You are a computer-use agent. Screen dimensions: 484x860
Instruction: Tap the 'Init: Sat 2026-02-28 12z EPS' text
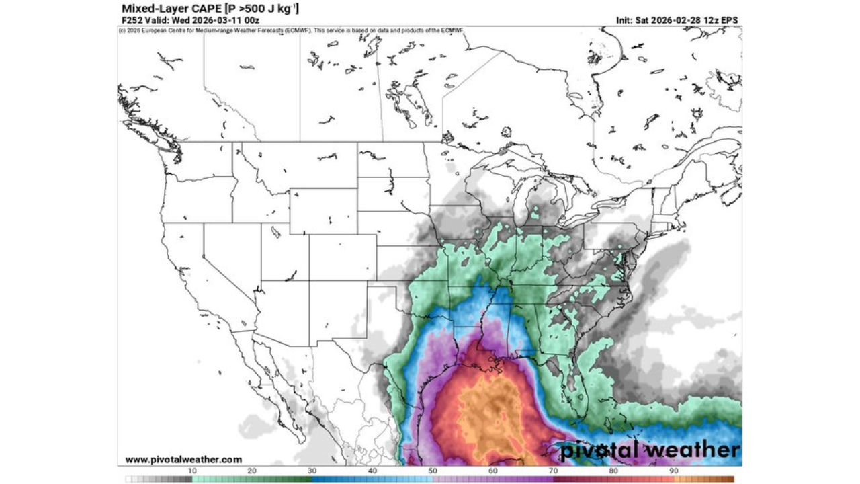click(x=677, y=20)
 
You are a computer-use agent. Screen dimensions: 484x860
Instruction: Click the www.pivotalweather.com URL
click(x=183, y=460)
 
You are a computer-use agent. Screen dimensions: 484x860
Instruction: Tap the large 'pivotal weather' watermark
click(x=650, y=450)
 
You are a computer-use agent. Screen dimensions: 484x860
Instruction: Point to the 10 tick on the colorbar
click(x=192, y=471)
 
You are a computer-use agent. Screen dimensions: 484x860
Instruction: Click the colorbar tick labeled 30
click(x=312, y=471)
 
